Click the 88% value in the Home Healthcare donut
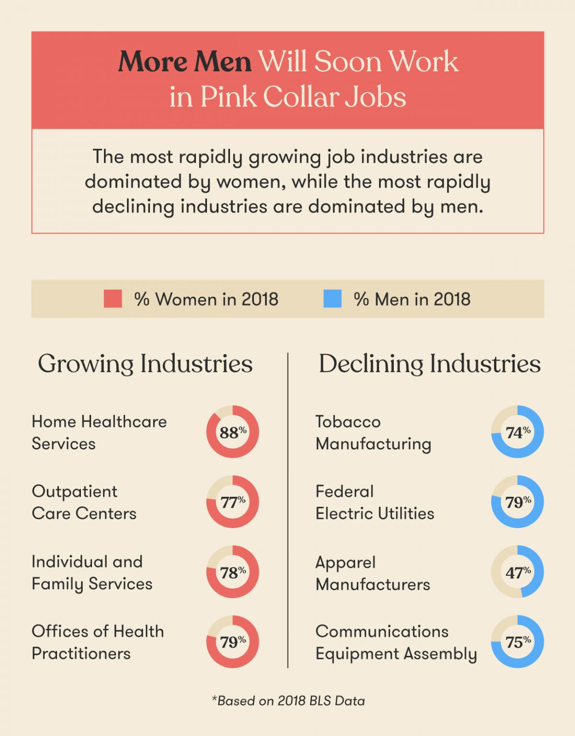point(232,432)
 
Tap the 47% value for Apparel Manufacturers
point(517,572)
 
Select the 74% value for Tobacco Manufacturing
point(517,432)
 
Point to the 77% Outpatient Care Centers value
point(232,502)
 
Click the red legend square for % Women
point(113,299)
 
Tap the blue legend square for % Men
point(333,299)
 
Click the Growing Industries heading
point(145,364)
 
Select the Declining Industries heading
point(429,364)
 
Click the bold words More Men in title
point(185,62)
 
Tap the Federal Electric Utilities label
point(375,502)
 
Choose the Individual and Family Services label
point(92,572)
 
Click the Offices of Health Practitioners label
point(98,642)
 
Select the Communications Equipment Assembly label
point(396,642)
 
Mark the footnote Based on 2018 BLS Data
point(288,701)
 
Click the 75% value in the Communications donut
point(517,642)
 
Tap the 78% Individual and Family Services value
point(232,572)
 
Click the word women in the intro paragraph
point(251,182)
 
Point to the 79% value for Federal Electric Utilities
point(517,502)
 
